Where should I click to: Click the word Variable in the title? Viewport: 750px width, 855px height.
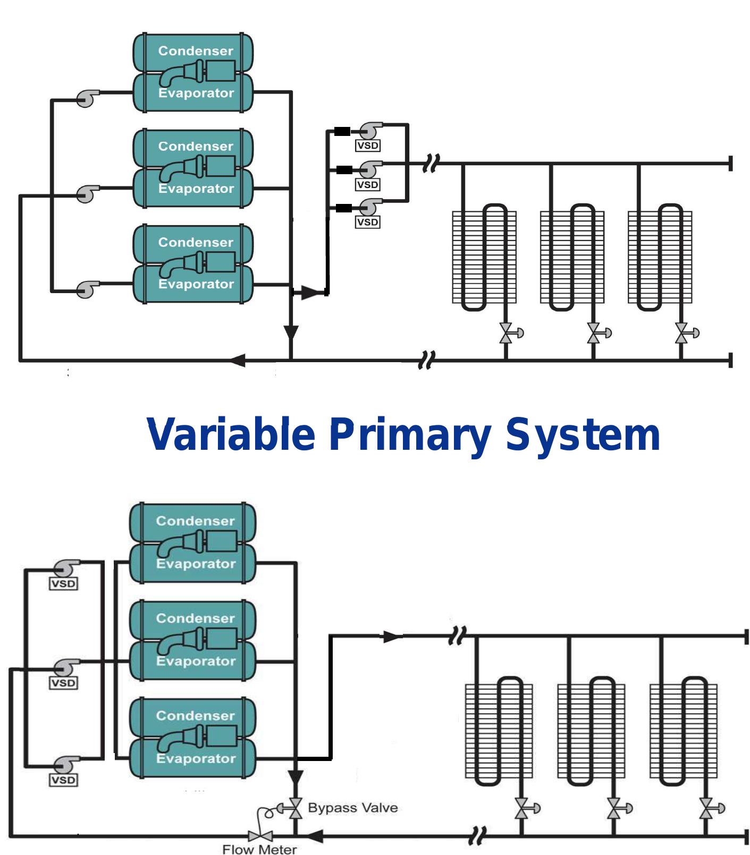[231, 434]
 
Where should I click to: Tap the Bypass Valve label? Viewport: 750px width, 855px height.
[352, 808]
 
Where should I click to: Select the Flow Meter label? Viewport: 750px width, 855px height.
[259, 849]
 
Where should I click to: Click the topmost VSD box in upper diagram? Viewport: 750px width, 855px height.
[367, 145]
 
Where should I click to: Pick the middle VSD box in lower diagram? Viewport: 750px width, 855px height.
[63, 682]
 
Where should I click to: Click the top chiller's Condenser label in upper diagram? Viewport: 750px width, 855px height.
[196, 51]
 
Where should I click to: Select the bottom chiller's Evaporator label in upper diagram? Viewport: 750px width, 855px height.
[196, 284]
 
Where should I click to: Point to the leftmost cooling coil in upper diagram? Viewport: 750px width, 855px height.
[484, 258]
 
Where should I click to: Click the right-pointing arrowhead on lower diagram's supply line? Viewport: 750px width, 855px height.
[392, 636]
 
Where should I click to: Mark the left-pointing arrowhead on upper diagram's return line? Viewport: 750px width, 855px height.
[238, 361]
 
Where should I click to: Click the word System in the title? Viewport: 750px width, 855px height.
[583, 434]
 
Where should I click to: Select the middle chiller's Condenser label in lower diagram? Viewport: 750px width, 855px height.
[195, 618]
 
